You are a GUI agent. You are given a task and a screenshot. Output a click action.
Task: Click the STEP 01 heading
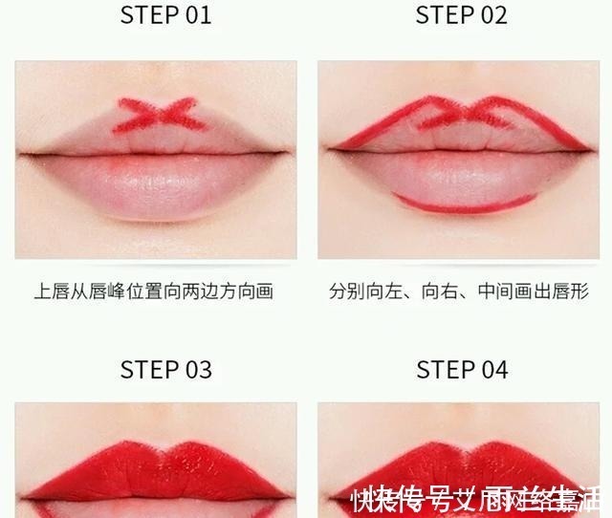(165, 15)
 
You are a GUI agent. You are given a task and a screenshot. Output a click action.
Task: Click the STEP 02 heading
(462, 15)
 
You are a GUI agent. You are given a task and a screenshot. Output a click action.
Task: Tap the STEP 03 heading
(165, 370)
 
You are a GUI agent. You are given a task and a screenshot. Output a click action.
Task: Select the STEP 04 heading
(462, 370)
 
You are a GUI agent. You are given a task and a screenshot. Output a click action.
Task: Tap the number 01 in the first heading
(194, 15)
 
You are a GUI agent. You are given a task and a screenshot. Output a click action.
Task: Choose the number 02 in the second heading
(490, 15)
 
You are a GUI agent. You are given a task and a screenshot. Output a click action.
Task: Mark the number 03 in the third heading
(194, 370)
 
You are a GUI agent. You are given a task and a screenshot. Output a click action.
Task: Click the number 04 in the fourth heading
(491, 370)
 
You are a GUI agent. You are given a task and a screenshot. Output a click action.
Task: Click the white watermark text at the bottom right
(478, 497)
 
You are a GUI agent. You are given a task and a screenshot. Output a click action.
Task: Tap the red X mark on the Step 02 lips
(464, 114)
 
